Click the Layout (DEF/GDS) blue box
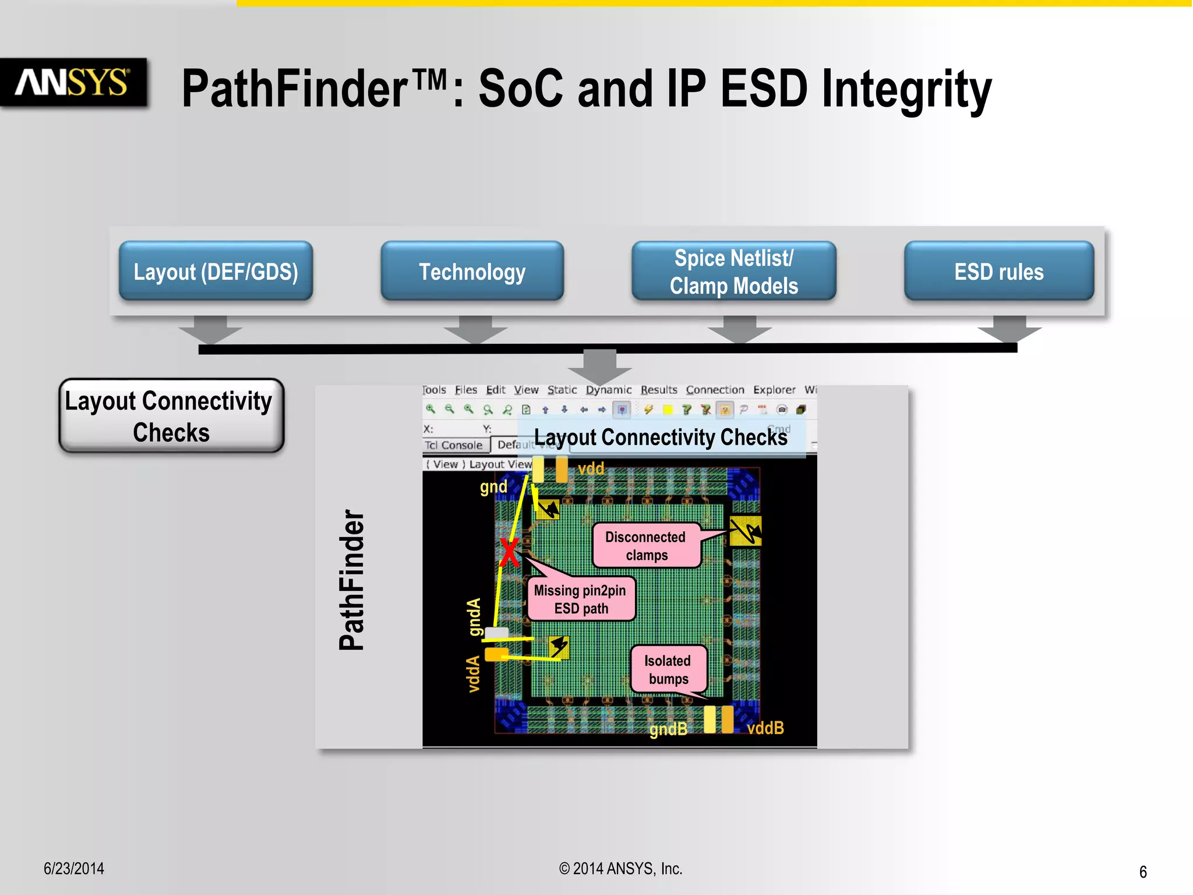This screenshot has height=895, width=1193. [x=216, y=272]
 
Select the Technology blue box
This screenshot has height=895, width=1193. [x=472, y=272]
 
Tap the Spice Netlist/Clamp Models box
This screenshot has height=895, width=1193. [x=733, y=272]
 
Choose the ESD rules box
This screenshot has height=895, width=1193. [x=998, y=272]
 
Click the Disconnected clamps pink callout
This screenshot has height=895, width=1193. [x=646, y=545]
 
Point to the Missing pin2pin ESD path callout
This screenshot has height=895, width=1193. [x=581, y=599]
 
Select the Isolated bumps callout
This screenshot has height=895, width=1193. [x=668, y=670]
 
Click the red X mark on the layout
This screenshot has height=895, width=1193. [x=509, y=552]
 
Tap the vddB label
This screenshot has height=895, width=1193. [x=765, y=728]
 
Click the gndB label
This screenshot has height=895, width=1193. [x=668, y=729]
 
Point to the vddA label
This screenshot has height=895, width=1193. [x=474, y=674]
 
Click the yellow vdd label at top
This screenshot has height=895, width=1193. [x=591, y=468]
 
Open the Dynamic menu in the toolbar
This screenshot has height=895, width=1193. [x=608, y=390]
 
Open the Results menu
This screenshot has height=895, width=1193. [x=659, y=390]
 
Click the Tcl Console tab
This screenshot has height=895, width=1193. [x=454, y=445]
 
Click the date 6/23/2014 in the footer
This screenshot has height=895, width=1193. [x=74, y=869]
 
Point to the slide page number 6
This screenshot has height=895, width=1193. [x=1143, y=872]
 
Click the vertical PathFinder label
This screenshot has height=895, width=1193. [x=352, y=580]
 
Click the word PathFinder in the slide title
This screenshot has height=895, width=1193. [x=294, y=89]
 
